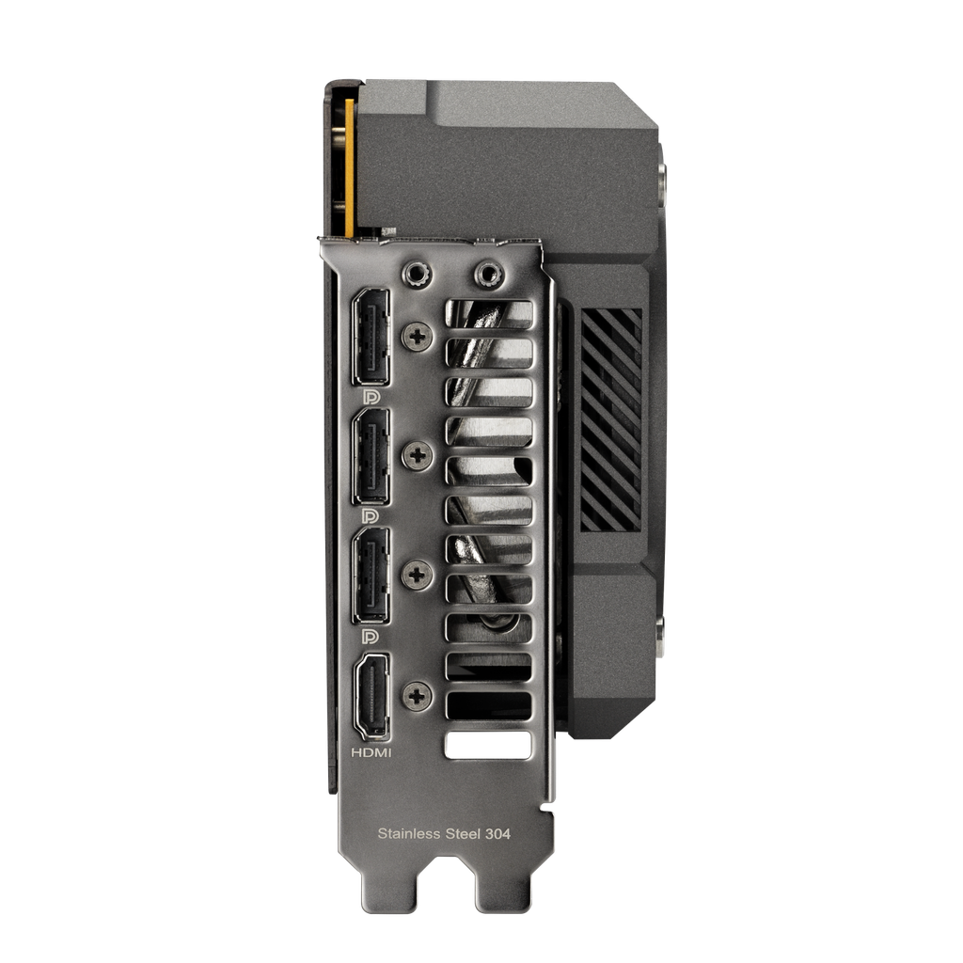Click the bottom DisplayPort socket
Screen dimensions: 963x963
(x=371, y=576)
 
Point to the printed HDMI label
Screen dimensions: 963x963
(x=371, y=753)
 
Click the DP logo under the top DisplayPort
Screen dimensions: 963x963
(x=371, y=397)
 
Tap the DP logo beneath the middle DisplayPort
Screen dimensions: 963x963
(x=371, y=516)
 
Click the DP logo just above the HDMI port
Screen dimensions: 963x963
(x=371, y=636)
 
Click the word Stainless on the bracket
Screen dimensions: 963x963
(x=408, y=833)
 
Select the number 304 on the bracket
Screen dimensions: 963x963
(x=497, y=833)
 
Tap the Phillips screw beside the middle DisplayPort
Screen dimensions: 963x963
(x=416, y=456)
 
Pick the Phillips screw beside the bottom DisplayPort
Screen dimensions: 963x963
(x=416, y=574)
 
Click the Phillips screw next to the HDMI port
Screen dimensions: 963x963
(x=416, y=696)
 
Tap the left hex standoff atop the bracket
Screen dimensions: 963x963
(x=416, y=274)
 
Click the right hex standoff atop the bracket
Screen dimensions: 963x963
(x=486, y=274)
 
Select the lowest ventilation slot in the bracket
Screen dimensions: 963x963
(x=489, y=744)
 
